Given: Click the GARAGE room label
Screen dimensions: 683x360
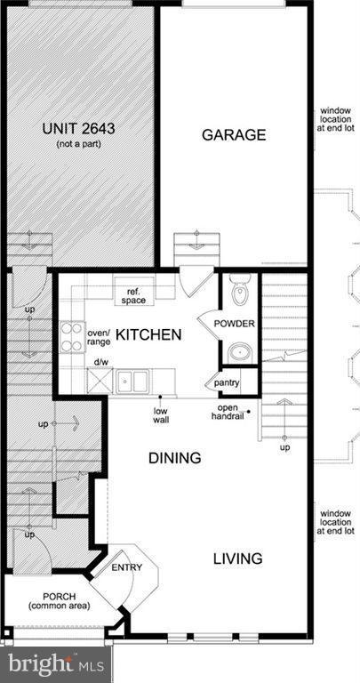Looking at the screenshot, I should (234, 135).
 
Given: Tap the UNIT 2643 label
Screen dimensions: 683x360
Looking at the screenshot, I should (79, 128).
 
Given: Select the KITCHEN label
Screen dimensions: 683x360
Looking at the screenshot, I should (149, 335).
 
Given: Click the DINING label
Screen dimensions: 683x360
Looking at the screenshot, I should (174, 458).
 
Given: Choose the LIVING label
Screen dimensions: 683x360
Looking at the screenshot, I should (237, 558).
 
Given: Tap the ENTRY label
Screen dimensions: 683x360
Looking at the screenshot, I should (124, 566).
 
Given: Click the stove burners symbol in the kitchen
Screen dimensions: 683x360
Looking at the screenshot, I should (70, 338).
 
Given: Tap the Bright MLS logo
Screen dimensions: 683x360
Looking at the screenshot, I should (54, 663).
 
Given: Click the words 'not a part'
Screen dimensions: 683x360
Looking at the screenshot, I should (79, 143).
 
